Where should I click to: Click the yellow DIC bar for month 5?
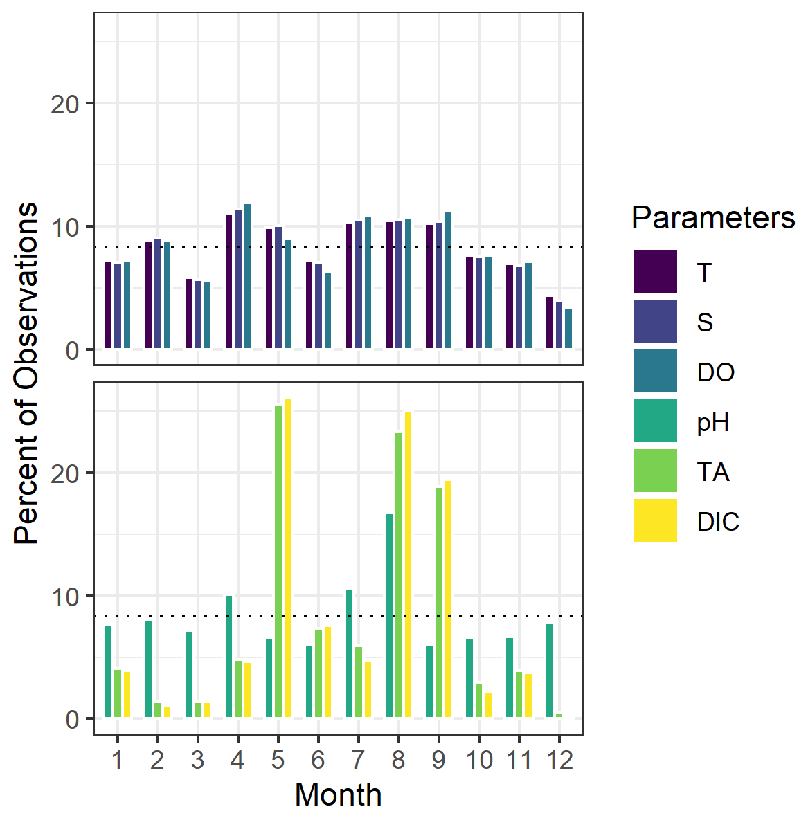pyautogui.click(x=287, y=558)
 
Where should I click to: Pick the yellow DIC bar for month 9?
pyautogui.click(x=448, y=599)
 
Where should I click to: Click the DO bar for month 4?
pyautogui.click(x=247, y=276)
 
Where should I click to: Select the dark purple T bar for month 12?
pyautogui.click(x=550, y=322)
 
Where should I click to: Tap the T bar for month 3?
pyautogui.click(x=188, y=313)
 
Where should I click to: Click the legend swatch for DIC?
pyautogui.click(x=655, y=520)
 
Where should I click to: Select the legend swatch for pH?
pyautogui.click(x=655, y=421)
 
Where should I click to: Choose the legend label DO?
pyautogui.click(x=715, y=372)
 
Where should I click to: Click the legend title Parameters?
pyautogui.click(x=712, y=218)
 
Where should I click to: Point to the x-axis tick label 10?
pyautogui.click(x=479, y=760)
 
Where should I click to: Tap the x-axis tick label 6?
pyautogui.click(x=318, y=760)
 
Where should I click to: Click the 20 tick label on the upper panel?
pyautogui.click(x=64, y=104)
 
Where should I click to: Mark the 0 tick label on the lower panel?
pyautogui.click(x=72, y=719)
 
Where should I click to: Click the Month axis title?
pyautogui.click(x=338, y=794)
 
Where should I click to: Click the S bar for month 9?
pyautogui.click(x=438, y=285)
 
